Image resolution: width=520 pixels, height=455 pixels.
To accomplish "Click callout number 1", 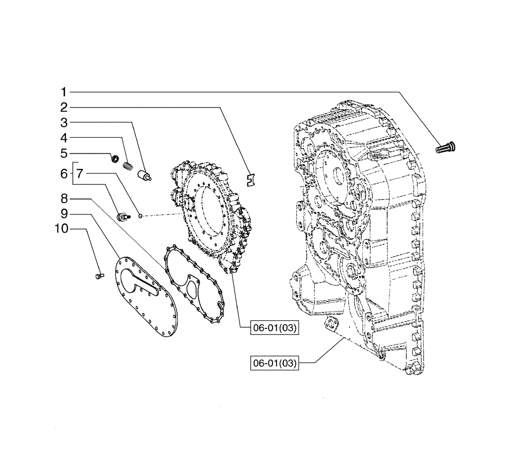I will point(64,92).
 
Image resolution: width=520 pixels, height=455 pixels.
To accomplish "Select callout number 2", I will point(64,108).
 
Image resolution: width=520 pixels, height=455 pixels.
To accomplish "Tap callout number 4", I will point(64,138).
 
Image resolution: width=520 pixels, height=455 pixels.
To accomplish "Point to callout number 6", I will point(64,174).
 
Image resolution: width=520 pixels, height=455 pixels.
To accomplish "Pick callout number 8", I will point(64,198).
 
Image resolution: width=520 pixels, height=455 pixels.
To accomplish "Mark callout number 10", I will point(60,228).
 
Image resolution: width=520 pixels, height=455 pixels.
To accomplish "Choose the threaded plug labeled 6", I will point(124,216).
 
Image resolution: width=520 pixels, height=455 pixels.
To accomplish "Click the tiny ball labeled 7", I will point(140,215).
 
